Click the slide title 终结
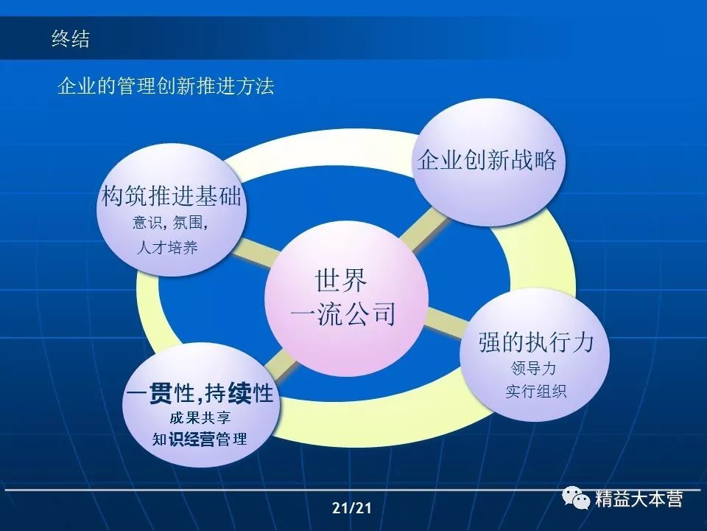point(71,39)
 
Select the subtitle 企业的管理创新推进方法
point(166,86)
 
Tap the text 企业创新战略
point(487,160)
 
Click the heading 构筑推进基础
point(172,197)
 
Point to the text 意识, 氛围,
point(170,223)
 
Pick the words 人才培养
point(167,248)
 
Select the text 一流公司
point(343,314)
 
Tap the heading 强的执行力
point(535,342)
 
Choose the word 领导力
point(533,368)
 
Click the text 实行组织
point(535,391)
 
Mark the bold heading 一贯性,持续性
point(200,393)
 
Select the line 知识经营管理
point(200,440)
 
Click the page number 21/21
point(352,508)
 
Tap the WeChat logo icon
point(578,499)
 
